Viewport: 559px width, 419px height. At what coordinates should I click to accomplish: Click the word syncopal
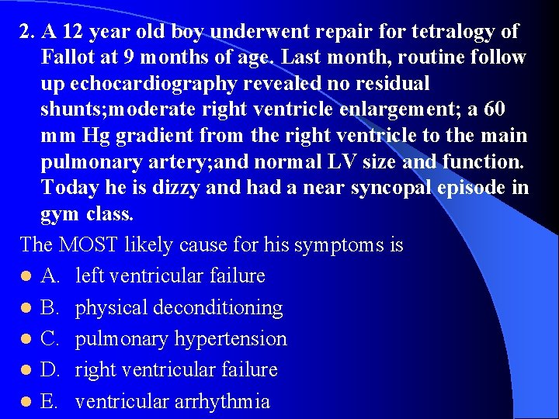click(398, 188)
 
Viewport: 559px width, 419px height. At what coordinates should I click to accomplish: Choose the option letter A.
click(50, 276)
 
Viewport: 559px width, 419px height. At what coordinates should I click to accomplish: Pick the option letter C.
click(50, 339)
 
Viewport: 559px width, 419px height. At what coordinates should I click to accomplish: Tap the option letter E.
click(50, 401)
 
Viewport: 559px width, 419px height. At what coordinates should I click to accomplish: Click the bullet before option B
click(26, 309)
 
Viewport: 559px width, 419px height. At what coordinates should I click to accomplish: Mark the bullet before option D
click(26, 371)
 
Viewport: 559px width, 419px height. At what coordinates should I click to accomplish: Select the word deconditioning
click(217, 308)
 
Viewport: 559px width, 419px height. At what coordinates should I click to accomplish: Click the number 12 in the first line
click(72, 33)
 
